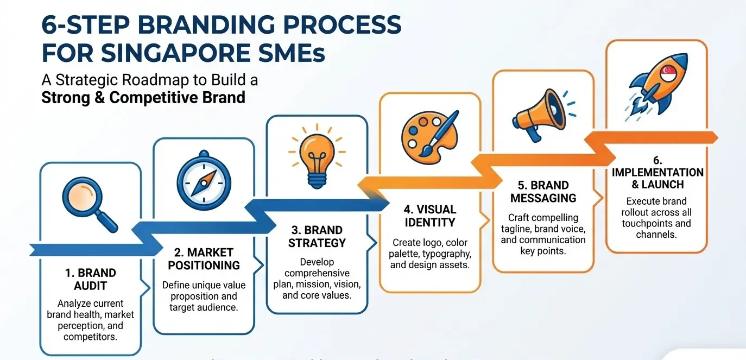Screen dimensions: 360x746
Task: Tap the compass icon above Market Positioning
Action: [204, 181]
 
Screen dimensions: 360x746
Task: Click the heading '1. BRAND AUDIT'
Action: [90, 279]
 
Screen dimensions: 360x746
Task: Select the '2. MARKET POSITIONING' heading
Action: [204, 259]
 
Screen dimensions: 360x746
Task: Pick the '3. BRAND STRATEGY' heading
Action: [317, 236]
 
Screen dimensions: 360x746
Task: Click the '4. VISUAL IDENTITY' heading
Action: [429, 216]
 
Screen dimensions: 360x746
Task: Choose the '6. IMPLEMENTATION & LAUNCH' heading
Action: [658, 172]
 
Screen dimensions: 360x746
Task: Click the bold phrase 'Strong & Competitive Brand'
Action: [143, 98]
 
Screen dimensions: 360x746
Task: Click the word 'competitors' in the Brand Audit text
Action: [90, 337]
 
